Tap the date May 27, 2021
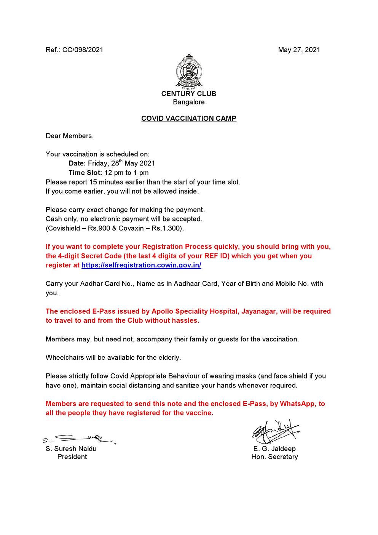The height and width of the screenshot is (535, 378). tap(299, 50)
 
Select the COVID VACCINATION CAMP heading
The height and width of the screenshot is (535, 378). tap(189, 119)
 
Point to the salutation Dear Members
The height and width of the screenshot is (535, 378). tap(69, 136)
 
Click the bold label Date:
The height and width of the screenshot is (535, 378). tap(77, 163)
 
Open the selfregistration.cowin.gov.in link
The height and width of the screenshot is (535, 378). tap(141, 265)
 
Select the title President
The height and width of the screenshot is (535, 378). tap(72, 457)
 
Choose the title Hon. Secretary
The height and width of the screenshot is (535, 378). tap(274, 457)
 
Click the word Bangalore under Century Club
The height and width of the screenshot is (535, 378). tap(189, 102)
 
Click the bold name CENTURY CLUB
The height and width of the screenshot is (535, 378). tap(189, 94)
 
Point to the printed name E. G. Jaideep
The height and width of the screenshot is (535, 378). tap(274, 449)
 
